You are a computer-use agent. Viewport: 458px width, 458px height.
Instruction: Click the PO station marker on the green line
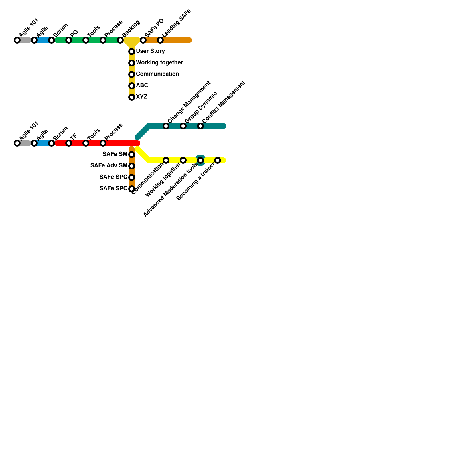tap(69, 40)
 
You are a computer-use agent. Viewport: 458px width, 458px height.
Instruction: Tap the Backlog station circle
tap(120, 40)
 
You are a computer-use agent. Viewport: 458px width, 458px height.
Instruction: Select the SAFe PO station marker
tap(143, 40)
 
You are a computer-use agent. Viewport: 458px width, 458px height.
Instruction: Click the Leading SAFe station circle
tap(160, 40)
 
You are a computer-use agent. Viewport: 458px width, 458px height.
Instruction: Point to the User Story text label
tap(150, 51)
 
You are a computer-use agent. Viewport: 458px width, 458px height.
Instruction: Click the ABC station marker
tap(132, 86)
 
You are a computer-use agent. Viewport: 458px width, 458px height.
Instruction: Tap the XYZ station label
tap(141, 97)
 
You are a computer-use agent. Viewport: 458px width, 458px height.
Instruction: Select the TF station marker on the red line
tap(69, 143)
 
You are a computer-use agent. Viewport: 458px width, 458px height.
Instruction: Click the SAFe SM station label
tap(115, 154)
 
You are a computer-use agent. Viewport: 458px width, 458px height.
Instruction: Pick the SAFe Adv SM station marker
tap(132, 166)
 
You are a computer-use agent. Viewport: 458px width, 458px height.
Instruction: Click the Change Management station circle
tap(166, 126)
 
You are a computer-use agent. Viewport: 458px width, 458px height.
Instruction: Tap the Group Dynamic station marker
tap(183, 126)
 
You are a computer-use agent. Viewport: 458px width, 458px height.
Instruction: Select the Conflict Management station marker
tap(200, 126)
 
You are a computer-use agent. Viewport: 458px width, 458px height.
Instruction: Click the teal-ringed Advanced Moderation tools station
tap(200, 160)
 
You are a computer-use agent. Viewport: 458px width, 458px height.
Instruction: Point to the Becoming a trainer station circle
tap(218, 160)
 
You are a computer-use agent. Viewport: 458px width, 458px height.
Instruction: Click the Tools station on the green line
tap(86, 40)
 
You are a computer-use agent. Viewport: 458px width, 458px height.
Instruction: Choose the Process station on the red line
tap(103, 143)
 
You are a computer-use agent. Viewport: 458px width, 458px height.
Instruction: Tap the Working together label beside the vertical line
tap(159, 63)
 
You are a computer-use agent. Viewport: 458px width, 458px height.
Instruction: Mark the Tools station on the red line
tap(86, 143)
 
